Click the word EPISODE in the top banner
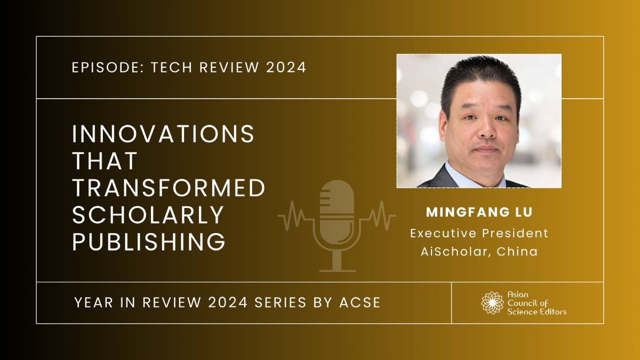click(x=108, y=67)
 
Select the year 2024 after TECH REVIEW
click(x=286, y=67)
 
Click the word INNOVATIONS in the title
click(x=163, y=134)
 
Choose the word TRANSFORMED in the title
click(x=169, y=188)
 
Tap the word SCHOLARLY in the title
click(x=148, y=214)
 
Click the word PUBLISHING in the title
click(x=149, y=242)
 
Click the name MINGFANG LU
click(x=479, y=212)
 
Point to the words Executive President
click(x=479, y=233)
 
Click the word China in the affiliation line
click(x=517, y=252)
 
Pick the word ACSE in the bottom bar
click(x=359, y=302)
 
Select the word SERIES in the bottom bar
click(x=281, y=302)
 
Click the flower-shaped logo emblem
click(x=492, y=303)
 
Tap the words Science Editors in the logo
click(x=537, y=311)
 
